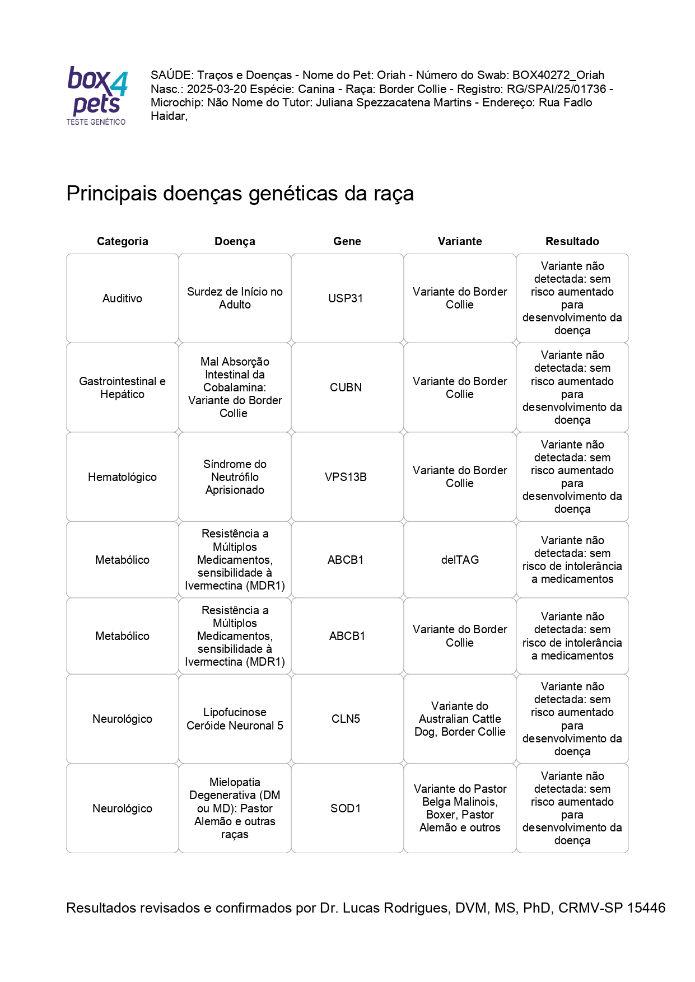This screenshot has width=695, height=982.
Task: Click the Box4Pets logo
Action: click(97, 95)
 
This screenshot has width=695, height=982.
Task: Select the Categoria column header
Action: click(122, 241)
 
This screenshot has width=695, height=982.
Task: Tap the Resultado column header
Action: click(572, 241)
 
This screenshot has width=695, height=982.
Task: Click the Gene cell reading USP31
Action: click(346, 298)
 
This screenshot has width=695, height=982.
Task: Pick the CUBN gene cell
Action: click(346, 387)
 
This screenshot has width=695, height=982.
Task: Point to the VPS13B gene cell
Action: click(346, 477)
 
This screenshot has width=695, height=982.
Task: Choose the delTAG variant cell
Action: click(460, 560)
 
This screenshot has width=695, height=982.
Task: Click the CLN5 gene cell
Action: click(346, 719)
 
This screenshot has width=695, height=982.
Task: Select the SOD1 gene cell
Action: click(346, 808)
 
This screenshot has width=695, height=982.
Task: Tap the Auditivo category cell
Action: click(122, 298)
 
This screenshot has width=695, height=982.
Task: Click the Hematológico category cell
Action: click(122, 477)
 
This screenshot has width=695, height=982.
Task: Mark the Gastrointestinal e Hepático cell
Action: click(122, 387)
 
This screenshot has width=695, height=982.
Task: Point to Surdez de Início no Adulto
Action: click(235, 298)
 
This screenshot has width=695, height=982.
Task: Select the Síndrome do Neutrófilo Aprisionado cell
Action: click(235, 477)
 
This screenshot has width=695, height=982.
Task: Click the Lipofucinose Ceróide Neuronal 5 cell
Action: click(235, 719)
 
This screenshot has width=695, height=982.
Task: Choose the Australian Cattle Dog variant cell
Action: click(460, 719)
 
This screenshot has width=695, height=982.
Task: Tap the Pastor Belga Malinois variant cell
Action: click(460, 808)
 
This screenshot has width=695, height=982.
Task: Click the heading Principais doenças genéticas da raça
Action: click(240, 194)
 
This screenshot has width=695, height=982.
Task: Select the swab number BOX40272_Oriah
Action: click(558, 75)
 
